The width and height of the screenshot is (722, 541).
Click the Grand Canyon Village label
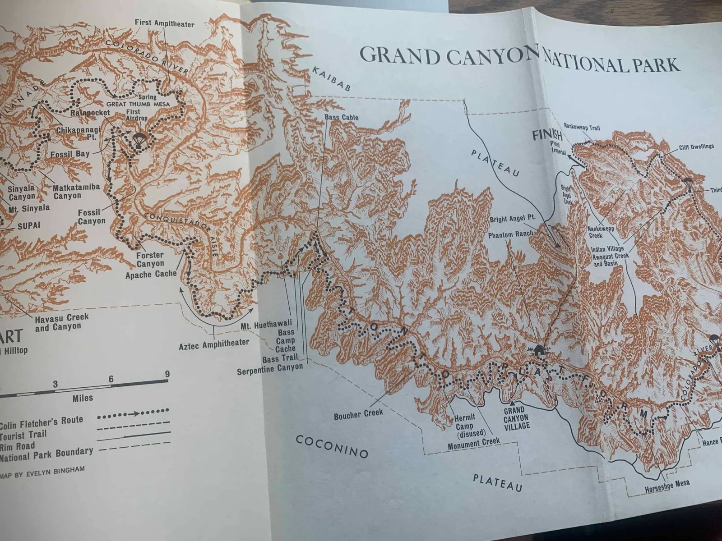click(x=514, y=417)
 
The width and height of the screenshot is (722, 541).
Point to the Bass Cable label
click(x=341, y=118)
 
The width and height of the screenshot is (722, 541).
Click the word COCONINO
click(x=332, y=446)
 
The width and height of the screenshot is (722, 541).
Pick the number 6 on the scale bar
click(x=111, y=379)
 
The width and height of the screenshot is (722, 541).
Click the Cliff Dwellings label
click(x=696, y=147)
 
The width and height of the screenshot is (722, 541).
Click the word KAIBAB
click(x=330, y=79)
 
